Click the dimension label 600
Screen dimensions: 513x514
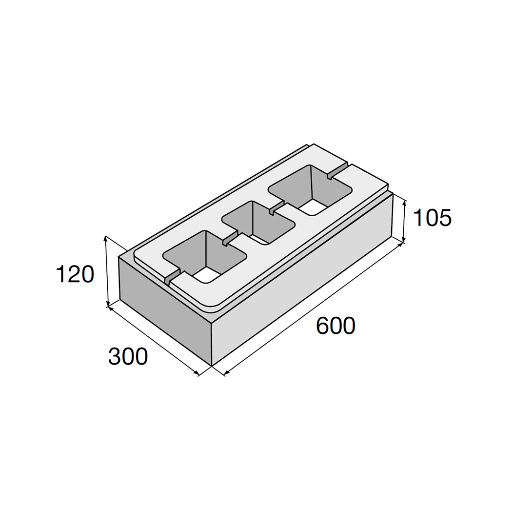tap(335, 326)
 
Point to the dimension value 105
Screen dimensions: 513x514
tap(432, 218)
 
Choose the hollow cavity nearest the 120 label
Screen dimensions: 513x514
tap(205, 256)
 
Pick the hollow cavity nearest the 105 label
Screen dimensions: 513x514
tap(310, 190)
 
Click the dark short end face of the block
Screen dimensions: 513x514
tap(165, 311)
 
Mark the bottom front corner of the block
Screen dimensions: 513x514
tap(212, 366)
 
